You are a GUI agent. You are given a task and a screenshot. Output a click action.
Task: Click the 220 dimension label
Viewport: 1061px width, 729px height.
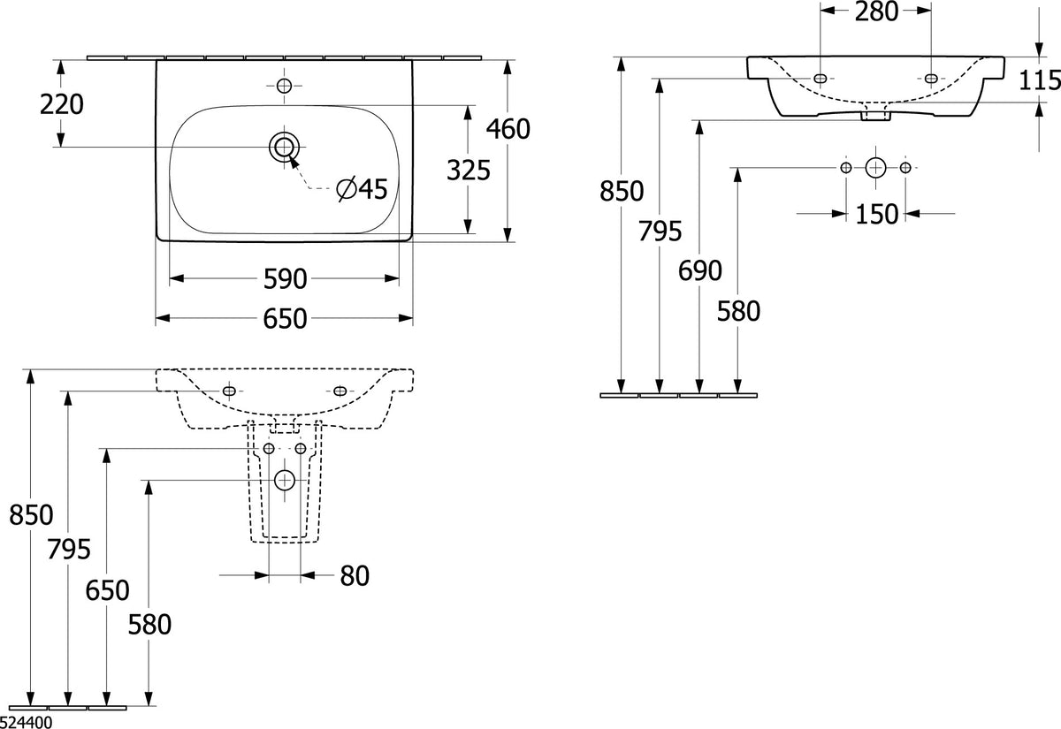pyautogui.click(x=62, y=104)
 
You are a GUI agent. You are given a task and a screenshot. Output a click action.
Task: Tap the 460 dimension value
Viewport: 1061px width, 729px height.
pyautogui.click(x=508, y=129)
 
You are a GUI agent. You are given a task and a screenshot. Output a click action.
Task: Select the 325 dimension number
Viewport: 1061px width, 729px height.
pyautogui.click(x=469, y=170)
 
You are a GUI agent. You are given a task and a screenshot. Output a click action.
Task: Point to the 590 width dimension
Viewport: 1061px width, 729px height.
pyautogui.click(x=285, y=279)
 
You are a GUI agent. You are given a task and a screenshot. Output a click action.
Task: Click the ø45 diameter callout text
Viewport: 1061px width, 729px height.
pyautogui.click(x=363, y=189)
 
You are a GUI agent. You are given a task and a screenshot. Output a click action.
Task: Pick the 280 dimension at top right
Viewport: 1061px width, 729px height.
pyautogui.click(x=876, y=11)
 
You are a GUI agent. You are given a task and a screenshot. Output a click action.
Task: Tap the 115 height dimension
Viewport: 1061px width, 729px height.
pyautogui.click(x=1039, y=80)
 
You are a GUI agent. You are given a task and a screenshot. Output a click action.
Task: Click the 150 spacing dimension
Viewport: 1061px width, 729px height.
pyautogui.click(x=876, y=214)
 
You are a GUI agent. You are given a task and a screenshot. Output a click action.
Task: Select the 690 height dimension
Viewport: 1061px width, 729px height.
pyautogui.click(x=700, y=270)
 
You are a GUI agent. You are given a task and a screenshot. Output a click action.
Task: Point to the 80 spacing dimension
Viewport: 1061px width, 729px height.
pyautogui.click(x=355, y=576)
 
